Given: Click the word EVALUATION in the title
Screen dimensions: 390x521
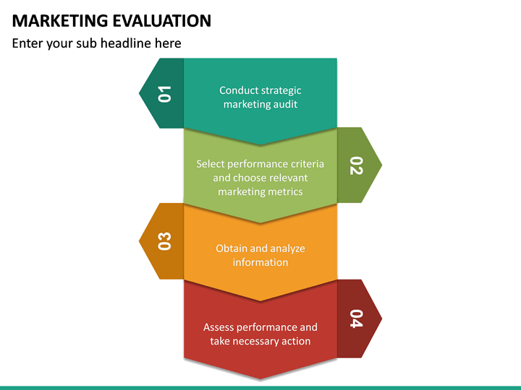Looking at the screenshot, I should click(x=159, y=20).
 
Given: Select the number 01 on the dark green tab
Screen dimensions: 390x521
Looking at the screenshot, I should click(x=165, y=94).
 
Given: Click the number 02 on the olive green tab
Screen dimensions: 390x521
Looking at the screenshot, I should click(x=355, y=165).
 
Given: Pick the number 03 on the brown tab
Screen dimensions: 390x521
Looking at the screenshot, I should click(x=165, y=241).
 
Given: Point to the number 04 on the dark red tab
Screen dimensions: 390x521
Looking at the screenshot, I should click(x=355, y=318).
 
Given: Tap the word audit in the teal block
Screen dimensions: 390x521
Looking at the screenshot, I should click(x=284, y=104).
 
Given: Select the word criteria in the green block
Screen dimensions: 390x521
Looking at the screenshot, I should click(x=306, y=164).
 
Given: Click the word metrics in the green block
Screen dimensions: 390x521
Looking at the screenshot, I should click(x=285, y=191).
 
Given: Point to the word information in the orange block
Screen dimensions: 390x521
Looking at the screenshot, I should click(x=260, y=262).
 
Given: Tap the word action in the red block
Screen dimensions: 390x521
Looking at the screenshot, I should click(x=296, y=341).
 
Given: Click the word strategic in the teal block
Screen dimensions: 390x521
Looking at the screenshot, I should click(x=280, y=90).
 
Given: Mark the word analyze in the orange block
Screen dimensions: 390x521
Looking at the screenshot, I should click(x=287, y=248).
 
